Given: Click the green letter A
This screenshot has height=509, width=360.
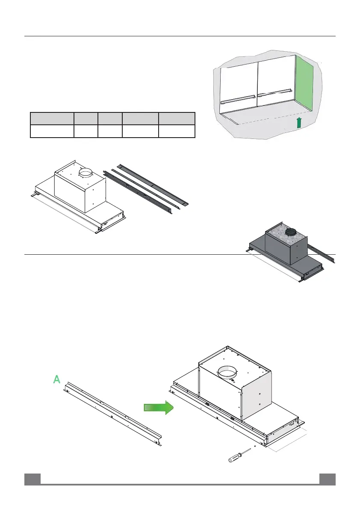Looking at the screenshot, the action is pos(56,379).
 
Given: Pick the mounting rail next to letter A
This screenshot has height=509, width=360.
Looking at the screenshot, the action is pos(113,413).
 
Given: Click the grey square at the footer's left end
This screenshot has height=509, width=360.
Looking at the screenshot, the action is pos(32,479).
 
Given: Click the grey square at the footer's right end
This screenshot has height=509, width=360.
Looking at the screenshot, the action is pos(328,479).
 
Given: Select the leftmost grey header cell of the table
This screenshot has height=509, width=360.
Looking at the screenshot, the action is pos(51,118).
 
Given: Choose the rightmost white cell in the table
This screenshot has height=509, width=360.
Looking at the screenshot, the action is pos(177,131).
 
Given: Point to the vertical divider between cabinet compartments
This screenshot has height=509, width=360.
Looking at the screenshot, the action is pos(258,81).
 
